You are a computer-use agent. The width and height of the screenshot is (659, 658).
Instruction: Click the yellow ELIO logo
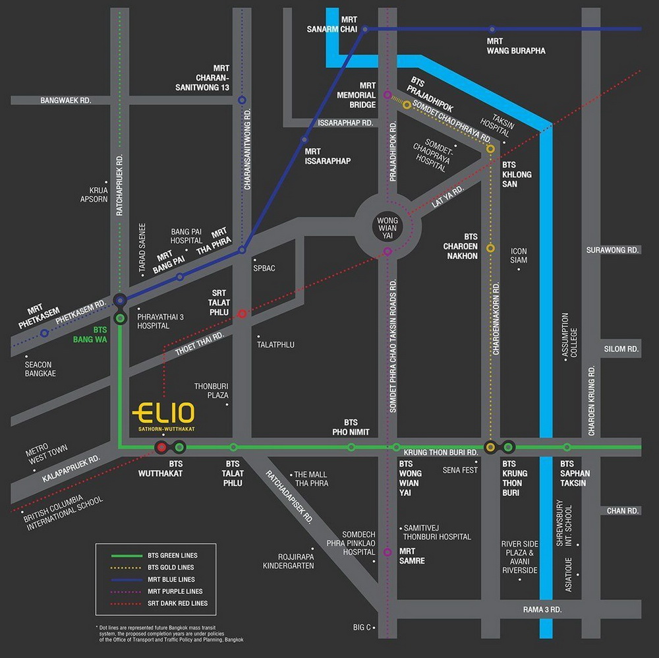(163, 414)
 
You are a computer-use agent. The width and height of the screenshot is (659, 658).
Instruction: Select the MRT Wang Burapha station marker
(492, 29)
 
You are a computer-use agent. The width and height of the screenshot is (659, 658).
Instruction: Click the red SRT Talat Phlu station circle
(242, 314)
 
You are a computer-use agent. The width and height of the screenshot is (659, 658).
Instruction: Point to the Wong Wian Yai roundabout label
(388, 223)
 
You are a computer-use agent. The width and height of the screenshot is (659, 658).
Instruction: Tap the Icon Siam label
(519, 255)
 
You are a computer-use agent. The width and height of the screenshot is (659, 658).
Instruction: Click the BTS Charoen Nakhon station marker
(490, 248)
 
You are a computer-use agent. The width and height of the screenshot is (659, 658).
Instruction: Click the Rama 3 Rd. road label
(542, 609)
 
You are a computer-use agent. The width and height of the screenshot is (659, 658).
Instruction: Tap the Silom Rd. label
(621, 349)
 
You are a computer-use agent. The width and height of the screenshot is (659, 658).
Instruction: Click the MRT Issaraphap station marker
(304, 140)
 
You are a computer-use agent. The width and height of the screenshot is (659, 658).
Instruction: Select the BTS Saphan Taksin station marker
(567, 447)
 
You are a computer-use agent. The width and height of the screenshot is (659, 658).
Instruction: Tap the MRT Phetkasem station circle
(44, 333)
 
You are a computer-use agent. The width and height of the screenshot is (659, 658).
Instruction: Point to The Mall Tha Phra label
(311, 479)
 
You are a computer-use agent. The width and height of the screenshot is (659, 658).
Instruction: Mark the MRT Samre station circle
(387, 553)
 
